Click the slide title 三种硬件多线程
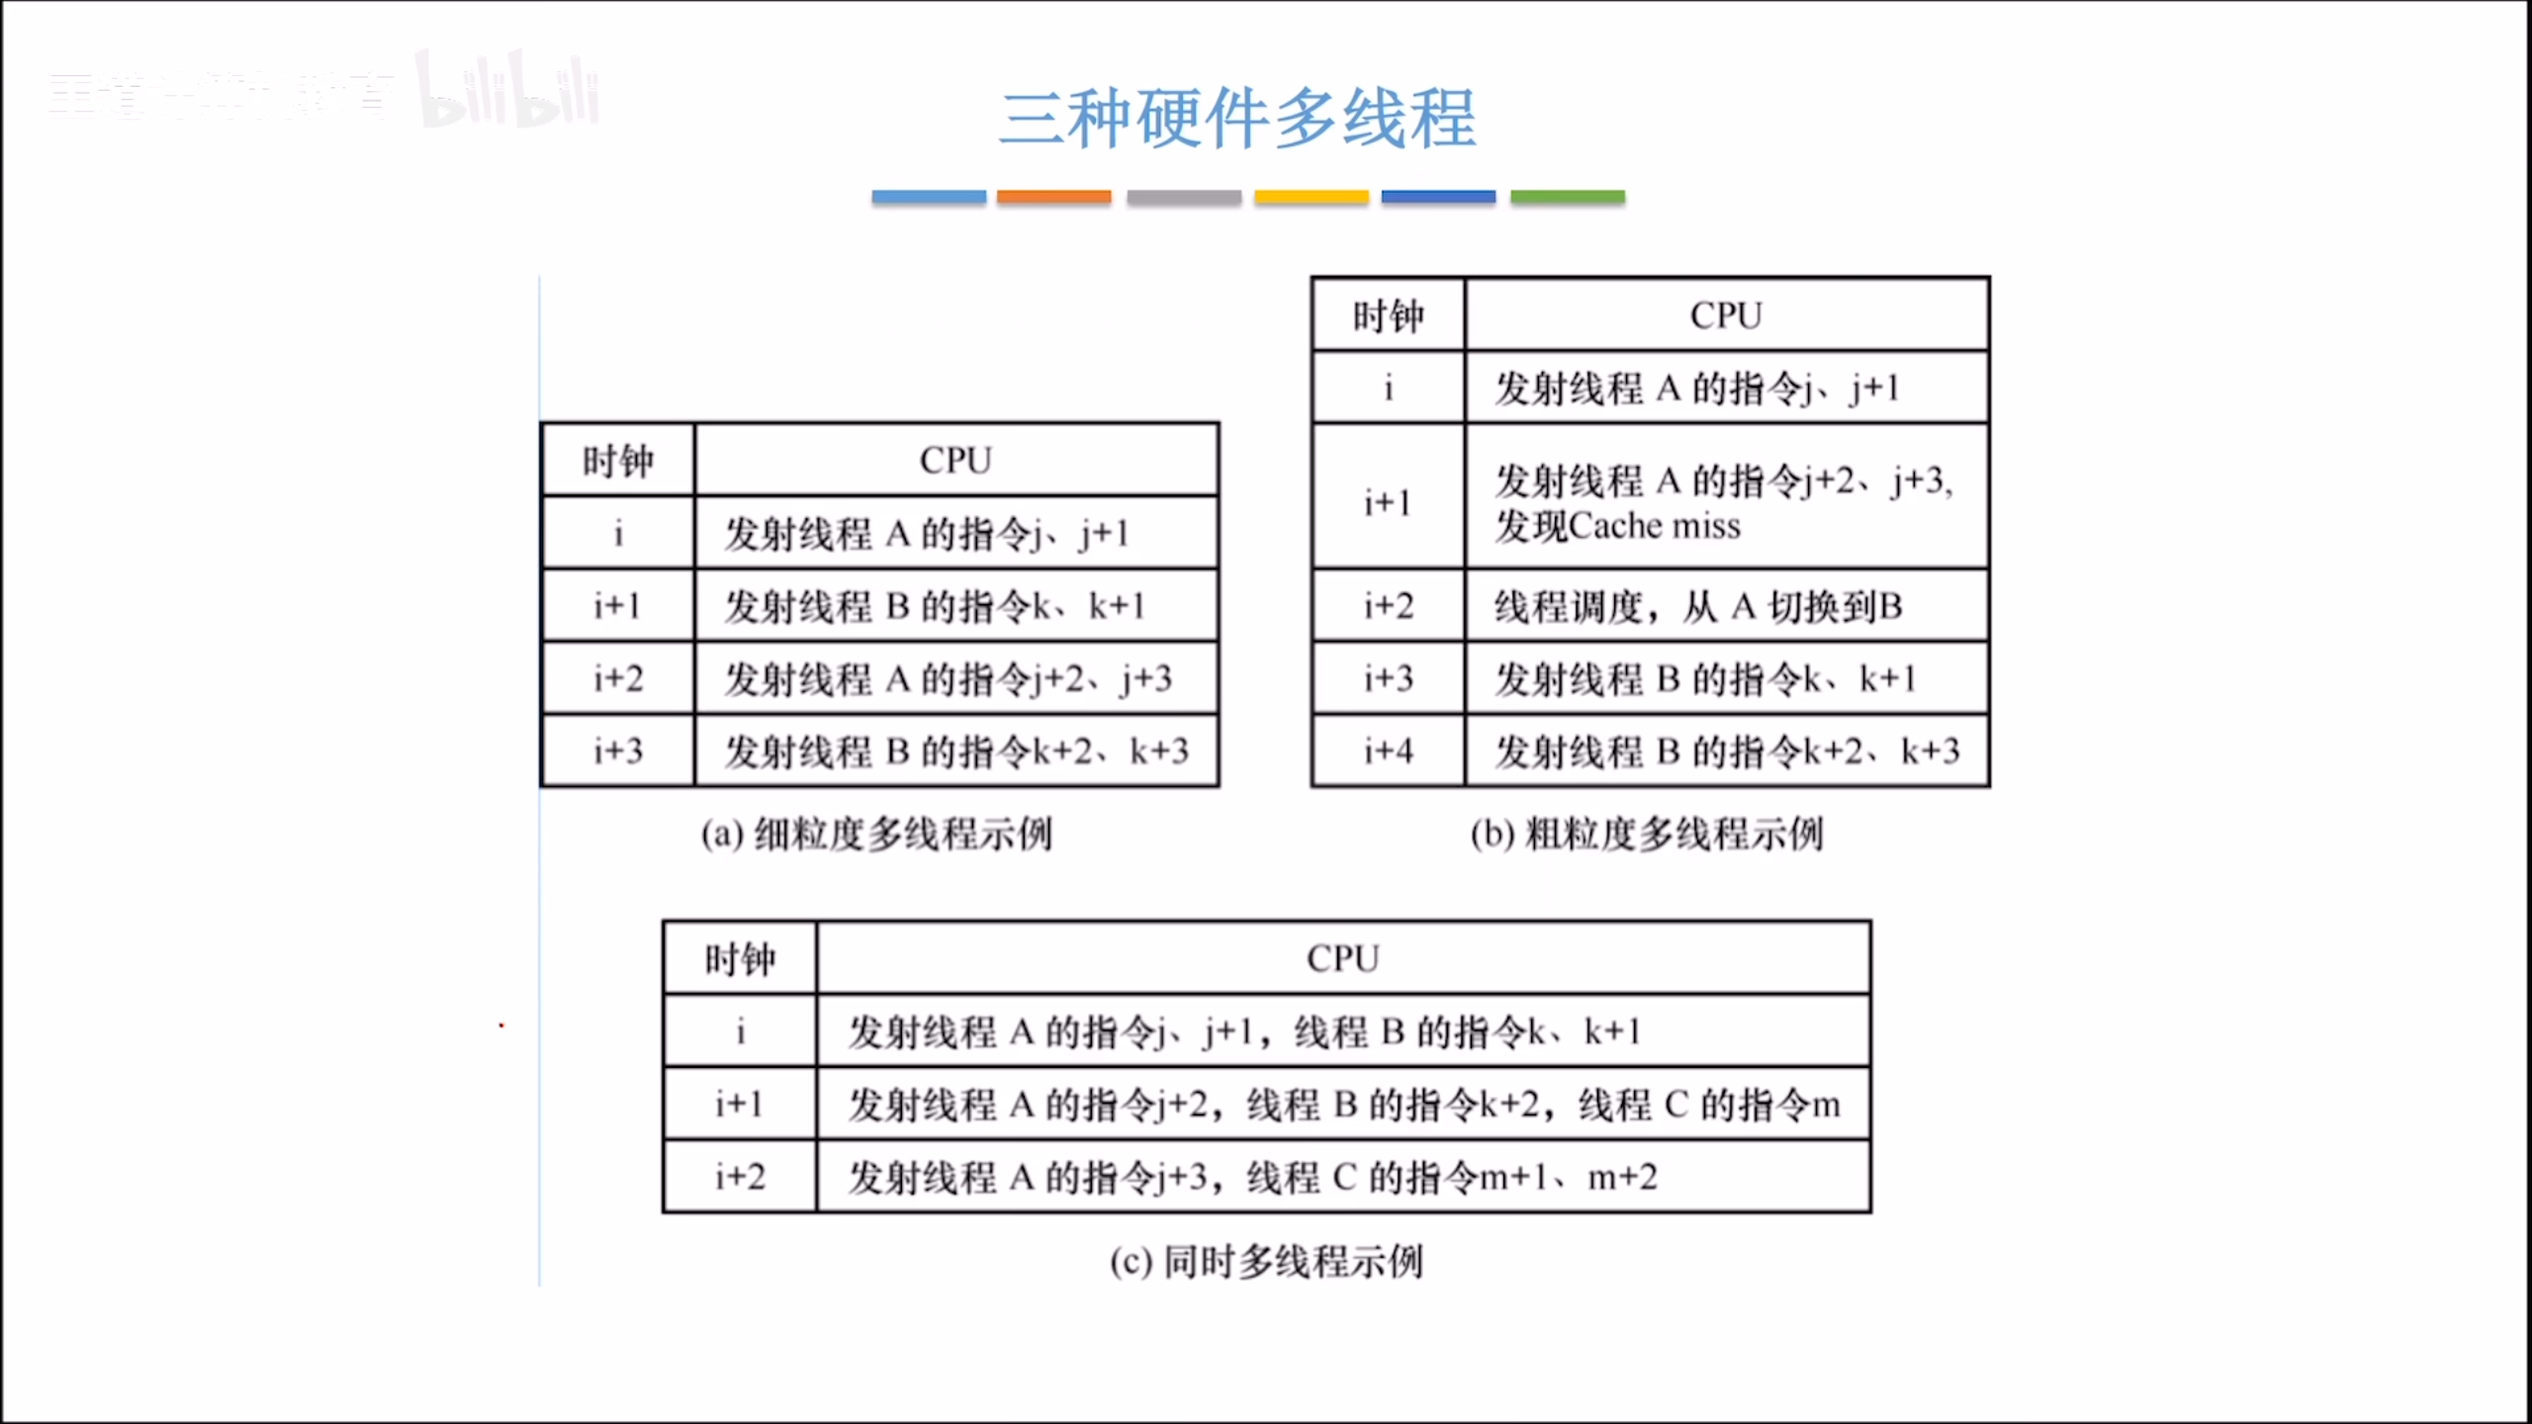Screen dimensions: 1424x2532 click(x=1237, y=119)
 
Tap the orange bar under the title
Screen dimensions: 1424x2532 click(x=1053, y=197)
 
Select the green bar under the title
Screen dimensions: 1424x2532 click(x=1568, y=197)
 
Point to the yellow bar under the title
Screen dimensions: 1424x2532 click(x=1311, y=197)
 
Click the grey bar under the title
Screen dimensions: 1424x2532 click(x=1184, y=197)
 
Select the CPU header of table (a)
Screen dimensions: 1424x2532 click(x=955, y=460)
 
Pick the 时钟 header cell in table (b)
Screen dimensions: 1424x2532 click(x=1388, y=315)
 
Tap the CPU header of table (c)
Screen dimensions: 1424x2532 click(x=1343, y=958)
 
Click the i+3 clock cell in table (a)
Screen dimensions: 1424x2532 click(x=618, y=752)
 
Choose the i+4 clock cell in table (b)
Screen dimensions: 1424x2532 click(x=1388, y=752)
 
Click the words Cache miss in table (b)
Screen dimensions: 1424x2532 click(x=1655, y=526)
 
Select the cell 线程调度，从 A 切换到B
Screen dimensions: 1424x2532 click(x=1698, y=606)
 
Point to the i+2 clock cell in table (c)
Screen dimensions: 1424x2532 click(x=740, y=1177)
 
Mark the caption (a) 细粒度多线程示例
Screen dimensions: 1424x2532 click(x=876, y=834)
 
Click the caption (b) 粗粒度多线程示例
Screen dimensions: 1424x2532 click(x=1647, y=834)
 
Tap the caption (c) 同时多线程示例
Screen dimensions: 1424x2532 click(x=1266, y=1262)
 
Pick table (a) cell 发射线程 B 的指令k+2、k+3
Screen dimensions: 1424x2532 click(x=956, y=752)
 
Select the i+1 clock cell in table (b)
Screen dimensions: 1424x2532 click(x=1388, y=502)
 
